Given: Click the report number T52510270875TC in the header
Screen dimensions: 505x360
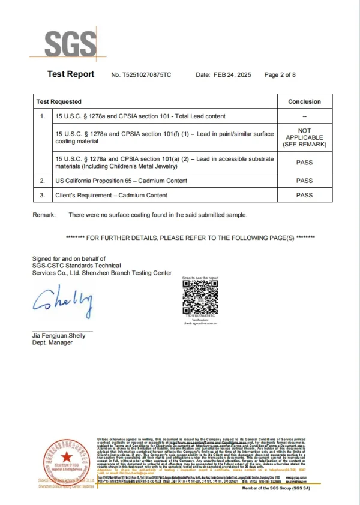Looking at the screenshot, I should click(x=148, y=75).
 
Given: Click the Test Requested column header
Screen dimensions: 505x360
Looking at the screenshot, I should click(x=59, y=101).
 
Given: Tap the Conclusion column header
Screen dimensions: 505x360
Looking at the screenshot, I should click(x=304, y=101).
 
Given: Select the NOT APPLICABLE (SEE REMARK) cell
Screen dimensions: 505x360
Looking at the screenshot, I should click(x=304, y=137).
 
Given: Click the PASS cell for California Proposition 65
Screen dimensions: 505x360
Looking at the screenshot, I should click(x=304, y=181).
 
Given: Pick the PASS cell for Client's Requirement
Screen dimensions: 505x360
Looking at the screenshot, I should click(x=304, y=195).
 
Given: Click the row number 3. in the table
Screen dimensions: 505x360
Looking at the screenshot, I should click(x=43, y=195).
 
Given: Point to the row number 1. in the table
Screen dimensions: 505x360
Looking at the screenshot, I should click(x=43, y=115).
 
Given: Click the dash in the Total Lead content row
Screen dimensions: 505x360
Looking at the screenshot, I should click(x=304, y=115).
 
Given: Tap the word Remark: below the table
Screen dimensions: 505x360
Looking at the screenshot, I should click(x=44, y=214).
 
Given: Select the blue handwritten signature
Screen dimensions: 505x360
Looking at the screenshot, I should click(x=63, y=302).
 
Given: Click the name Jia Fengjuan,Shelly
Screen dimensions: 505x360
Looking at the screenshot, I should click(x=59, y=336).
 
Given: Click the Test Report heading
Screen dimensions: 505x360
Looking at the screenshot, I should click(x=71, y=74).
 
